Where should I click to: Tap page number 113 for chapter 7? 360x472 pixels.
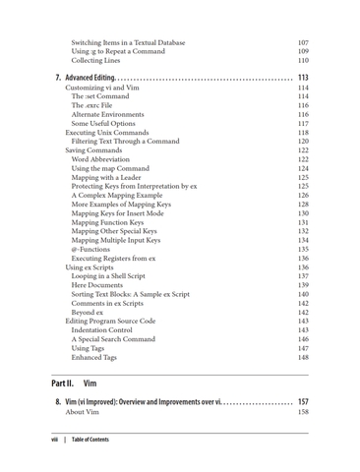tap(303, 77)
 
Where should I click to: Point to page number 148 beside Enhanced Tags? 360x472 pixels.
tap(303, 358)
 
